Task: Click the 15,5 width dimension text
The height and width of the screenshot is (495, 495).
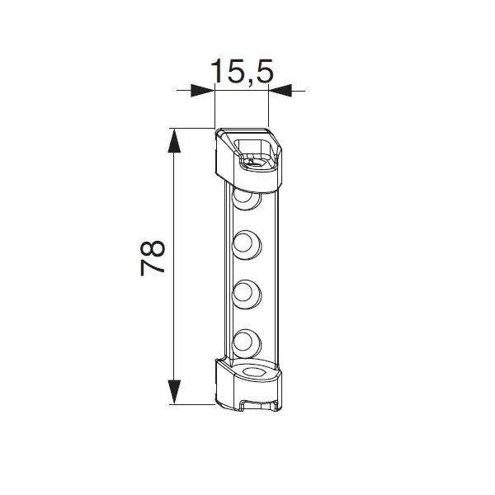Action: [242, 71]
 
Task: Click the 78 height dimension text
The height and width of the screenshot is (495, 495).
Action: [153, 258]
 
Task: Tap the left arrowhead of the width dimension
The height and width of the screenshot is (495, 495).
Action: [203, 91]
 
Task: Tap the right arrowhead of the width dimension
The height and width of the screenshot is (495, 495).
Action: [280, 91]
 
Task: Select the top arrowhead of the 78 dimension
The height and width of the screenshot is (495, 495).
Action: [174, 141]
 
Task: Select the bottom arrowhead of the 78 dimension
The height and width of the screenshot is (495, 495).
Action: [174, 392]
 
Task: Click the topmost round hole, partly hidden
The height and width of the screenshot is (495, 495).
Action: [246, 200]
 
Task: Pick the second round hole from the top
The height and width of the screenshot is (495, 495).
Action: [247, 245]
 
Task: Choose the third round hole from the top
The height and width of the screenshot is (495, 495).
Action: [247, 295]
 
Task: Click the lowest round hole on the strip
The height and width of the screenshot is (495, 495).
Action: [247, 343]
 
